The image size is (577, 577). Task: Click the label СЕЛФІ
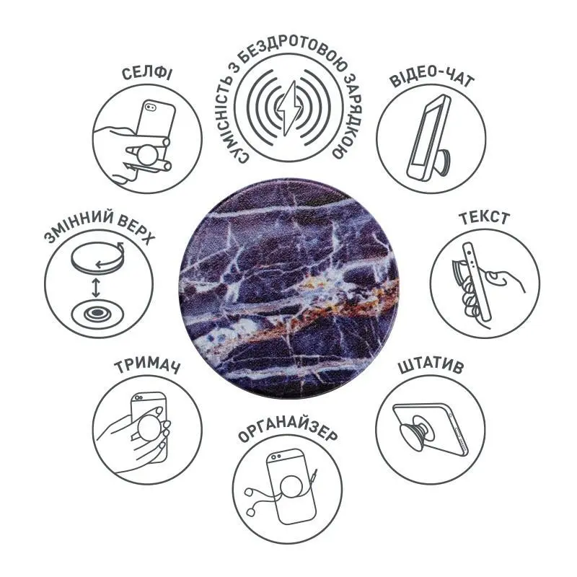point(146,74)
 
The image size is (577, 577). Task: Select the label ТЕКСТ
point(484,218)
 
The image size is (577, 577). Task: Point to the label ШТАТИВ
point(431,366)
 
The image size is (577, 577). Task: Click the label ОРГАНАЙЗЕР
point(287,433)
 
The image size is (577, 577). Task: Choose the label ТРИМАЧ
point(147,366)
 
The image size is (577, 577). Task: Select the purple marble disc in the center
point(289,283)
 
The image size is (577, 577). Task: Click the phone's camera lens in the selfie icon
point(151,107)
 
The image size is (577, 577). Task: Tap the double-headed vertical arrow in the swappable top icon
point(96,287)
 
